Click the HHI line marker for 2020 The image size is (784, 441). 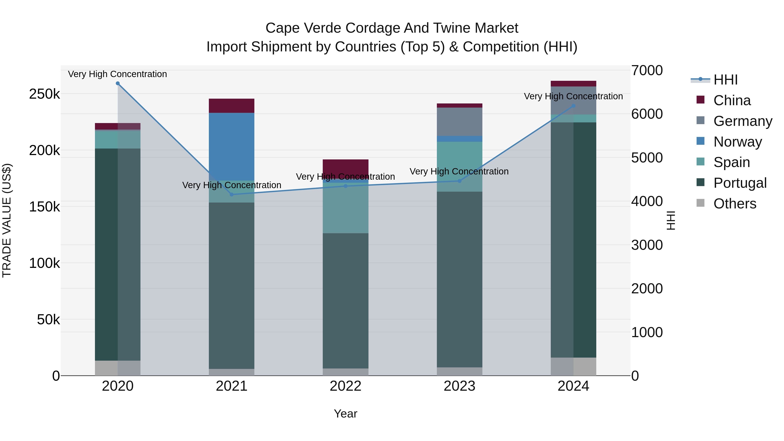pos(118,83)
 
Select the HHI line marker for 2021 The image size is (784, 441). pos(232,194)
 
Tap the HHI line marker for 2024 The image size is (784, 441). pos(573,106)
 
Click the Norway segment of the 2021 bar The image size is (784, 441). pos(232,146)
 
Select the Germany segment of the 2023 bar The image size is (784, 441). pos(460,122)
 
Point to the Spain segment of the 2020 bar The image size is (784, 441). pos(118,140)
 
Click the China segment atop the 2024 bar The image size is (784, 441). pos(573,84)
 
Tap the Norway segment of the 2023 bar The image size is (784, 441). pos(460,139)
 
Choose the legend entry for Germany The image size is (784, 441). pos(743,121)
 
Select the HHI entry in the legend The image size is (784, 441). pos(726,80)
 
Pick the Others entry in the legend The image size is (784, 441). pos(735,204)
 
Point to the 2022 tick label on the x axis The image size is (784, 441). pos(345,386)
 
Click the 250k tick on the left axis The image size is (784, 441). pos(44,94)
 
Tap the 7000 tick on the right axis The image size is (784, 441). pos(647,70)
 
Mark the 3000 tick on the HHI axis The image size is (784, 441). pos(647,245)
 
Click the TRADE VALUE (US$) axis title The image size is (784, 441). pos(7,220)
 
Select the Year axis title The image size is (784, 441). pos(345,414)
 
